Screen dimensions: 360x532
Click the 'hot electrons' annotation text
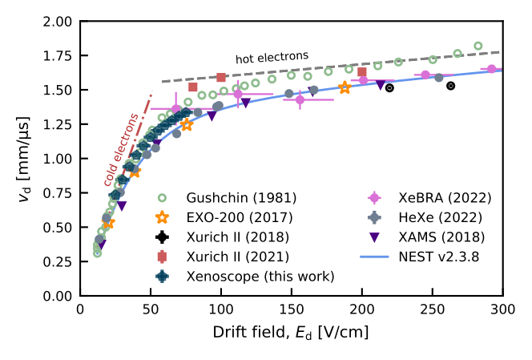pyautogui.click(x=272, y=58)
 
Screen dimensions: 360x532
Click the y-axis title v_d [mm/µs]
pyautogui.click(x=25, y=159)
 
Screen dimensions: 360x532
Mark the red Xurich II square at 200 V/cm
pyautogui.click(x=362, y=72)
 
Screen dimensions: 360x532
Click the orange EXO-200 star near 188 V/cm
pyautogui.click(x=345, y=87)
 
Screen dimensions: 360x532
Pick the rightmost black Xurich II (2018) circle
pyautogui.click(x=450, y=86)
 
